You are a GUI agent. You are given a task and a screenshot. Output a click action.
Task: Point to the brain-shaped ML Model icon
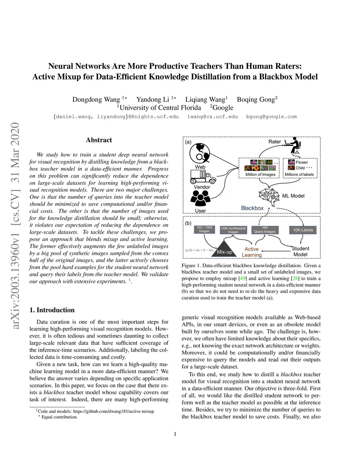click(270, 196)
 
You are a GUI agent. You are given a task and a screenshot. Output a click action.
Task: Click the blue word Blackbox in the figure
click(252, 208)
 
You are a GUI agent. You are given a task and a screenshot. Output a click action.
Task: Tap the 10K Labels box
click(303, 230)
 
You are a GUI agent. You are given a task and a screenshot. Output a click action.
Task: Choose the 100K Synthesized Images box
click(233, 230)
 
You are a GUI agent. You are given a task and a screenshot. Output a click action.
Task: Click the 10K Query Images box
click(265, 230)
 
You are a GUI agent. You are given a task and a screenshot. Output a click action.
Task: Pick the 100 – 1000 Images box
click(204, 229)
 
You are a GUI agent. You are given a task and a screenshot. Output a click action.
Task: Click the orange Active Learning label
click(252, 252)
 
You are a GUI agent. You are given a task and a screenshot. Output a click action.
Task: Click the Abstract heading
click(99, 140)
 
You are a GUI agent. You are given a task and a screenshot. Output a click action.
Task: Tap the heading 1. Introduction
click(52, 310)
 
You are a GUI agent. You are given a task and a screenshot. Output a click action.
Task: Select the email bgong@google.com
click(271, 116)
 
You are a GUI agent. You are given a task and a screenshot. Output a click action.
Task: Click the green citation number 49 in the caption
click(243, 279)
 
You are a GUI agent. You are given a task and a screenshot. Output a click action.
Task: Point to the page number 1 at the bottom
click(175, 434)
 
